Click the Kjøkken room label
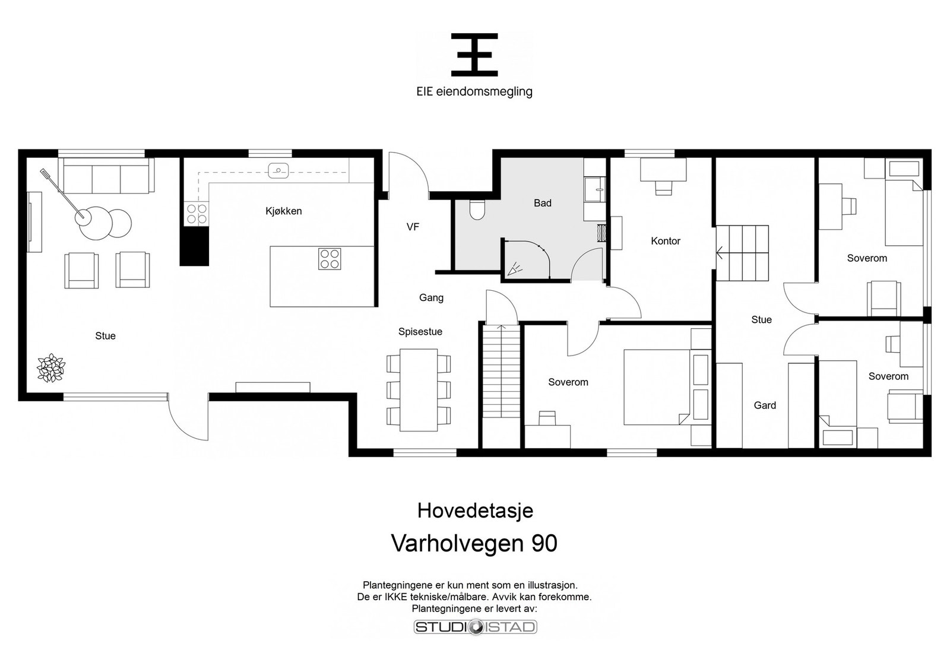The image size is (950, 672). (284, 211)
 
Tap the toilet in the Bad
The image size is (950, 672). (477, 210)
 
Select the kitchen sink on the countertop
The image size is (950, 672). (278, 170)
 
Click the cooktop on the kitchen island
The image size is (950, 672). (330, 258)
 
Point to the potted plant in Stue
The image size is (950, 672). (50, 367)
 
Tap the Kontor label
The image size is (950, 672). (665, 241)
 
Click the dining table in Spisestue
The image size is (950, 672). (419, 389)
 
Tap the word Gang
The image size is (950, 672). (431, 297)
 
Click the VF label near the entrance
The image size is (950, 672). (413, 226)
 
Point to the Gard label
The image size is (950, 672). (765, 405)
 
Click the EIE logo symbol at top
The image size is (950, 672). (474, 55)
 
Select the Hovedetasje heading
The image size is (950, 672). (475, 511)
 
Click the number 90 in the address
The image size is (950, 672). (544, 543)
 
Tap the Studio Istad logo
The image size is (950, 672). (475, 627)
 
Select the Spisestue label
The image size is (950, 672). (420, 332)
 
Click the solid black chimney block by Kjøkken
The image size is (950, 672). (195, 246)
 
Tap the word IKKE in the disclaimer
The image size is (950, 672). (388, 597)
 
